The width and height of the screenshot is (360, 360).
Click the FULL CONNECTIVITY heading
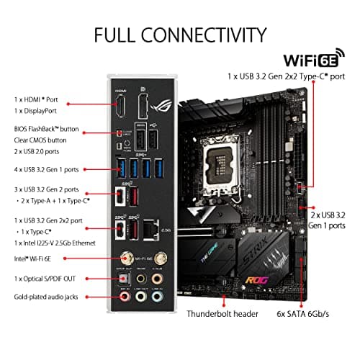click(180, 34)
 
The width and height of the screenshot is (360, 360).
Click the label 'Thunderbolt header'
click(222, 315)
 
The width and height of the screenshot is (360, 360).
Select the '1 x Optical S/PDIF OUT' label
click(40, 277)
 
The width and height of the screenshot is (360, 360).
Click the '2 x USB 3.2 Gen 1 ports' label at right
click(330, 219)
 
